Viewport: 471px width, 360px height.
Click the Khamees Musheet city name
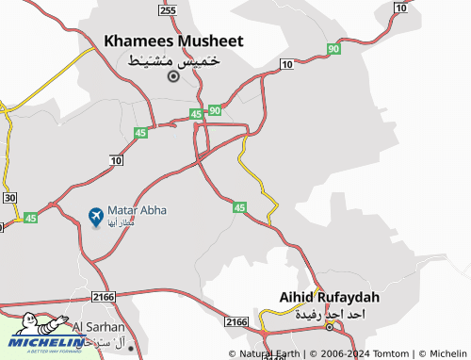(173, 41)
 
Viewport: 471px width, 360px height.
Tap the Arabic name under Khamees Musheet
(173, 59)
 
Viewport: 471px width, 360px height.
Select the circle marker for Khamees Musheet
(172, 76)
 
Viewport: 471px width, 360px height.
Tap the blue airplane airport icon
(95, 217)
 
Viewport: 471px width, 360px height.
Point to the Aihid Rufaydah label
(329, 297)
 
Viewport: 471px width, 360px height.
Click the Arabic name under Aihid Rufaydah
(329, 314)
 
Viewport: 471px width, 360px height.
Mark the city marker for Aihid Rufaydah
(329, 327)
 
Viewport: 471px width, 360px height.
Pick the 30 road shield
(10, 197)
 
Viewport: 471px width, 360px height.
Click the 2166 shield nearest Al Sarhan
(104, 297)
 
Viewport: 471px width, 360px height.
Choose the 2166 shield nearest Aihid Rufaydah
(236, 321)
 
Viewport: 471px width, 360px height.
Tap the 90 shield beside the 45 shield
(215, 110)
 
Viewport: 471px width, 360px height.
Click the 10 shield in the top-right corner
(402, 8)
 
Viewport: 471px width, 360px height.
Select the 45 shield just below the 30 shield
(30, 218)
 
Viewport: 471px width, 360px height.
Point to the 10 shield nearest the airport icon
(116, 162)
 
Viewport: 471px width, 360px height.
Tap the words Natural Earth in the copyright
(270, 354)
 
